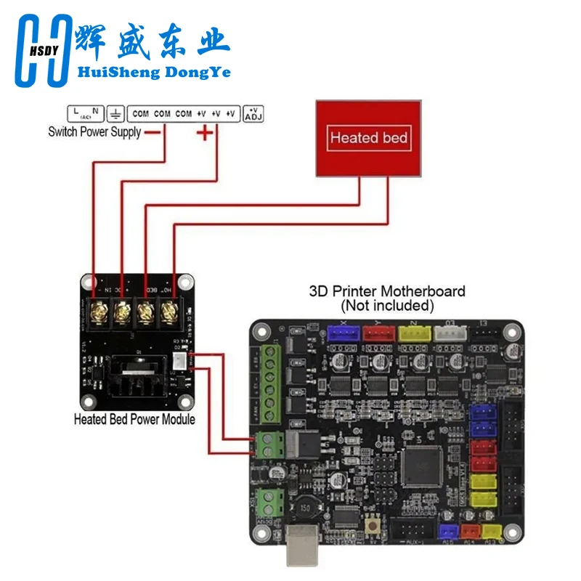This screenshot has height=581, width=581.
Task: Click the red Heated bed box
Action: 368,138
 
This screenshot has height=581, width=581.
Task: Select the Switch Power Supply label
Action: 94,131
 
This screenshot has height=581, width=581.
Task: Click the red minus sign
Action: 153,132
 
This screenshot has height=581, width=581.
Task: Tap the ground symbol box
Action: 115,113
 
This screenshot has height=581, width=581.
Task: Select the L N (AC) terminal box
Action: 84,113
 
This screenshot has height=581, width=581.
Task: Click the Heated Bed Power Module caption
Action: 134,419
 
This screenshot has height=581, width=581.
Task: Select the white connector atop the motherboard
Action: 451,333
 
